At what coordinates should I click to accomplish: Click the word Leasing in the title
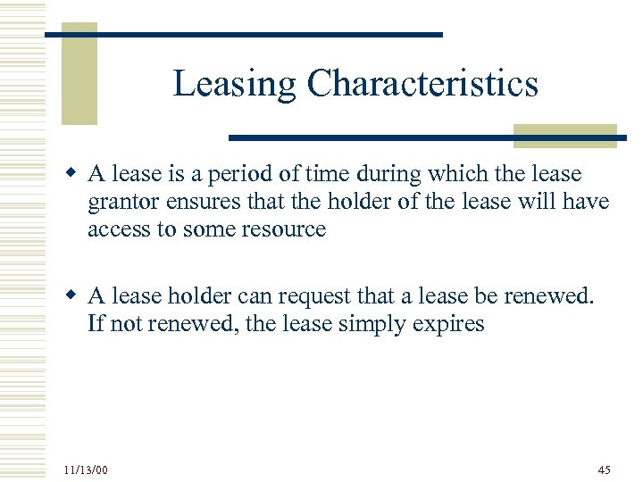click(235, 85)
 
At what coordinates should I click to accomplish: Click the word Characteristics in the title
click(422, 84)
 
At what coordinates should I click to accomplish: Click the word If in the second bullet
click(96, 323)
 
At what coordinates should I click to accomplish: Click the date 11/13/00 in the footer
click(86, 470)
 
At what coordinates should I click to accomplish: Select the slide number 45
click(605, 470)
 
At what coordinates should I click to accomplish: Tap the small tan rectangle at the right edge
click(564, 135)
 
